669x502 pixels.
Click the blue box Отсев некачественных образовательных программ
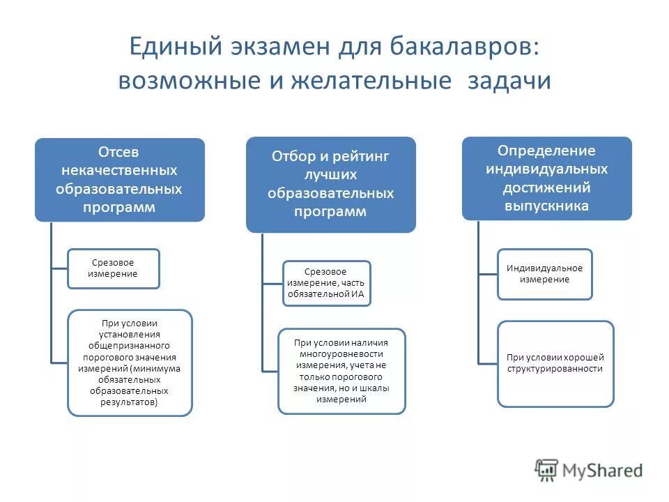click(120, 180)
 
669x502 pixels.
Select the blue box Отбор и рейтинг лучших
click(330, 185)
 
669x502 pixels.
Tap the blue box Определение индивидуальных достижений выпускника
click(546, 178)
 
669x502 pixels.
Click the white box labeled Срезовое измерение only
click(113, 268)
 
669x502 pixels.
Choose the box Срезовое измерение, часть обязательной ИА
click(326, 283)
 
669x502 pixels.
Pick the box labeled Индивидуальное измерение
click(544, 274)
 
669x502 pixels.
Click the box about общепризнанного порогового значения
click(130, 363)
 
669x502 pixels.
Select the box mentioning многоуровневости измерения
click(341, 371)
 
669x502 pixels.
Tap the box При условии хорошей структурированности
click(555, 363)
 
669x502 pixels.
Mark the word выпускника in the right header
click(546, 206)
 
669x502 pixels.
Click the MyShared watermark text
click(603, 471)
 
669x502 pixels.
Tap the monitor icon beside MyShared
click(547, 470)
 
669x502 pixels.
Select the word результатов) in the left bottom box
click(130, 402)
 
